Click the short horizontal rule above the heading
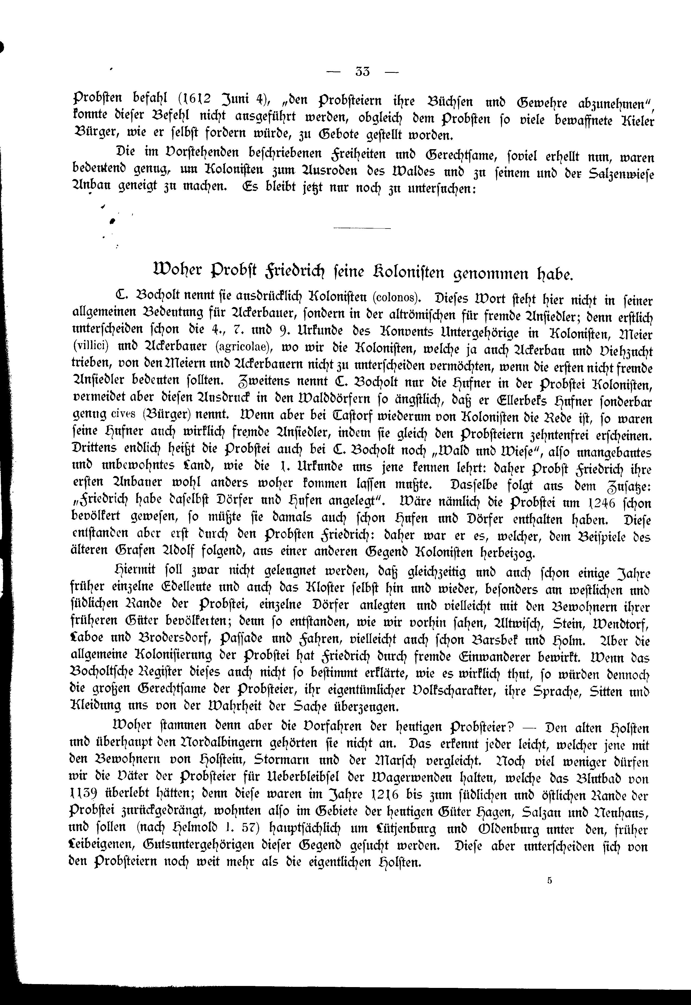pyautogui.click(x=362, y=228)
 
